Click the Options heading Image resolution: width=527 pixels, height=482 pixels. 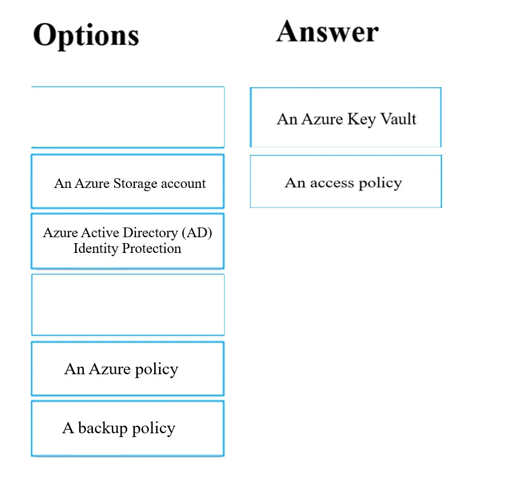(x=86, y=36)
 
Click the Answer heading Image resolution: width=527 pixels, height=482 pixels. (x=327, y=31)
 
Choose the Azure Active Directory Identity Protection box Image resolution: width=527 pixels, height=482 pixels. (x=128, y=241)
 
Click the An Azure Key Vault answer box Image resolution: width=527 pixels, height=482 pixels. (x=346, y=118)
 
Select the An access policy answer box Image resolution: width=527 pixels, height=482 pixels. (x=346, y=182)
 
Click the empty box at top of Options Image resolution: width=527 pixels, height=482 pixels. (x=128, y=117)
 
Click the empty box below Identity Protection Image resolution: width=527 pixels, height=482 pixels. (x=128, y=304)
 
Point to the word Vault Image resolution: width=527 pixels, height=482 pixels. (x=398, y=119)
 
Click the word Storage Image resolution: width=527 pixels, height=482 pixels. (x=133, y=184)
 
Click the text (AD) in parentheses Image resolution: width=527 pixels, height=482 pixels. (x=196, y=233)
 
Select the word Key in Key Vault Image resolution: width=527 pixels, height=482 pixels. (x=361, y=119)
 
